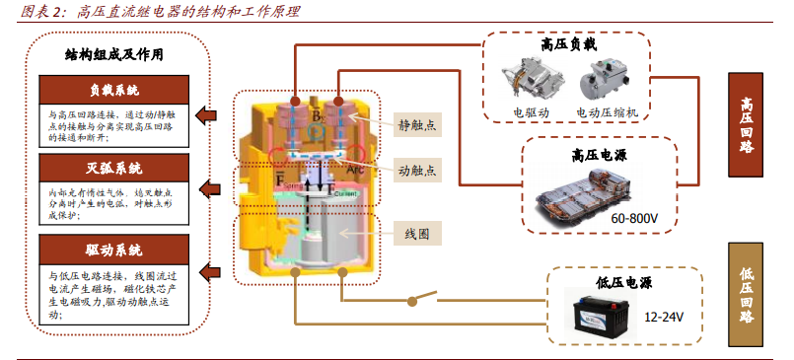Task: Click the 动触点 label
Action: [x=418, y=169]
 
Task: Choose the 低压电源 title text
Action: [x=621, y=279]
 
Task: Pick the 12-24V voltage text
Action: [x=665, y=318]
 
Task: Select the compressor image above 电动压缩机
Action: [x=606, y=80]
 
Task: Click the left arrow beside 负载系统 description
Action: [x=206, y=115]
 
